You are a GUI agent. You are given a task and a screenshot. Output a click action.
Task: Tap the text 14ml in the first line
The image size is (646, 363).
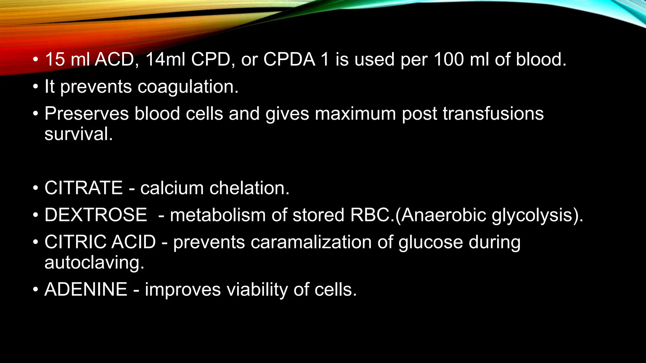point(165,59)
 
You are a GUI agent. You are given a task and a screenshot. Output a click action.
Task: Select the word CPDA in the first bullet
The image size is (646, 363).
point(289,59)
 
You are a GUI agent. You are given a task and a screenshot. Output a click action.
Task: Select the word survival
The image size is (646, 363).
point(79,134)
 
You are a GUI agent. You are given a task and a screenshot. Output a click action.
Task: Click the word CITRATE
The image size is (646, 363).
point(84,188)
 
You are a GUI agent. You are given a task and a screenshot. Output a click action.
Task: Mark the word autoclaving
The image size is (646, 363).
point(94,263)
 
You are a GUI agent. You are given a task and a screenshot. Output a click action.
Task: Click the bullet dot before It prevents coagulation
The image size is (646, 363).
point(36,87)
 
